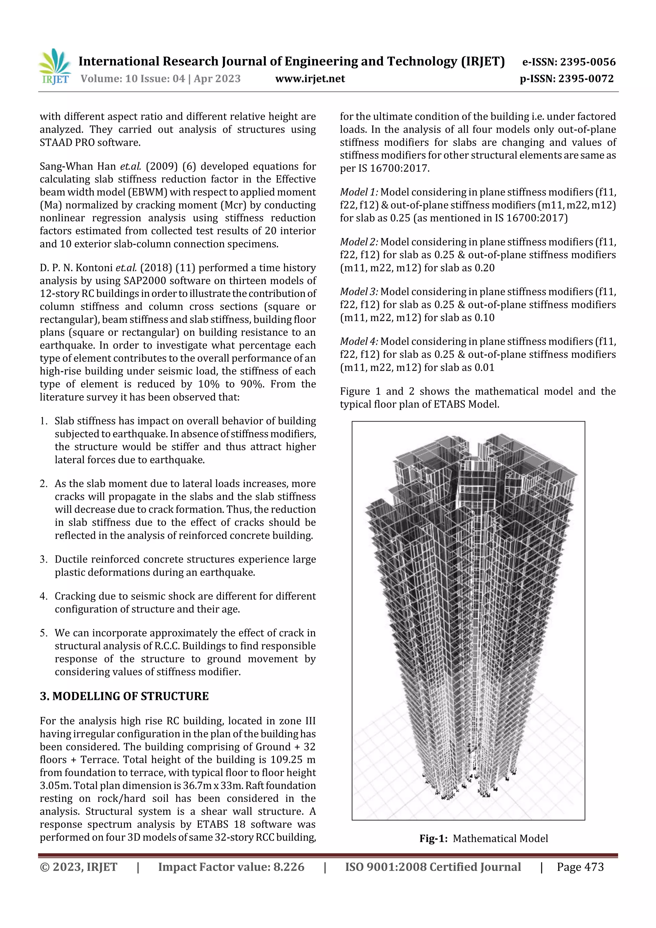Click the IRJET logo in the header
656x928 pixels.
click(x=55, y=66)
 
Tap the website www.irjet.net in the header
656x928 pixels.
click(x=310, y=79)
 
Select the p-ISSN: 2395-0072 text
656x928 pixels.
click(x=567, y=79)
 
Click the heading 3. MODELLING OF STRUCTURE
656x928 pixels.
click(x=124, y=696)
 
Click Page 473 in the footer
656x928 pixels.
click(x=580, y=866)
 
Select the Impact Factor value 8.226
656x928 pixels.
click(x=289, y=866)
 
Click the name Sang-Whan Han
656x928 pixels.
click(x=78, y=166)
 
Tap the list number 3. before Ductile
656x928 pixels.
click(x=44, y=559)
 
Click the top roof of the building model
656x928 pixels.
click(x=485, y=457)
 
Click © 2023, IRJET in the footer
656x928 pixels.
click(x=78, y=866)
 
